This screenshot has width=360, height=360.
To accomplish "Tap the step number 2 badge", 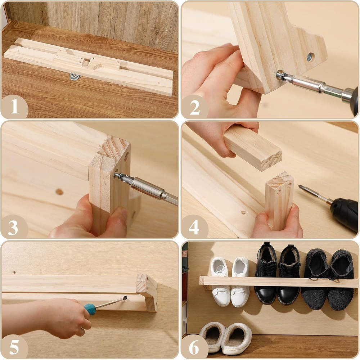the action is coord(195,107).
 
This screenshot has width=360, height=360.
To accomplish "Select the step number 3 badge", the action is coord(13,227).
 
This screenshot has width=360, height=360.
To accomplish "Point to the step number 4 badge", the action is coord(194,227).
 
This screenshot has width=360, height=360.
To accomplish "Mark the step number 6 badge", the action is coord(194,347).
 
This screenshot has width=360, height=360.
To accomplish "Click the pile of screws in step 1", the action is coord(75,77).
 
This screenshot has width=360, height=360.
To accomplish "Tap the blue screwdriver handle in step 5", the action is coord(90,309).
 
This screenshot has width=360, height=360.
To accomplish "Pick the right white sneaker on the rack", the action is coord(240,282).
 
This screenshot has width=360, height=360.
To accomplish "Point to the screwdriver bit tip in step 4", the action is coord(300,186).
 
